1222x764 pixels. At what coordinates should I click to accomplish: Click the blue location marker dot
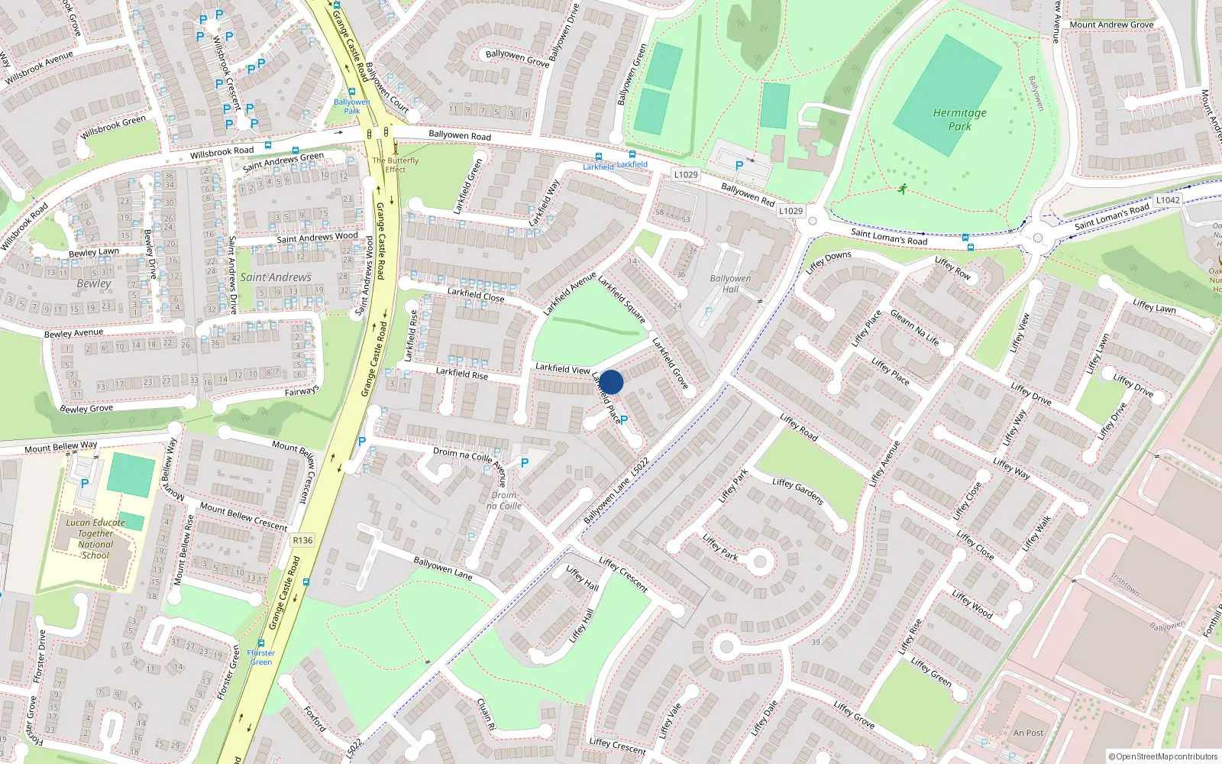(x=611, y=382)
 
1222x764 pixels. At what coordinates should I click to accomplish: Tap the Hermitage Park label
(x=959, y=119)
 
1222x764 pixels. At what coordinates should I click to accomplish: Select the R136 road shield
(x=302, y=540)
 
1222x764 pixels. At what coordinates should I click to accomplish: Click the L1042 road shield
(x=1167, y=200)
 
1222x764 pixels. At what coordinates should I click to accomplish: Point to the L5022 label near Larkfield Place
(x=640, y=467)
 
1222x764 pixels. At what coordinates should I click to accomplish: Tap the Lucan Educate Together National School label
(x=95, y=539)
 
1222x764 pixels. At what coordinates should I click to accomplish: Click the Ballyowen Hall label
(x=730, y=283)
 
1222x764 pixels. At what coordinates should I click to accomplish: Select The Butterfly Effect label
(x=395, y=165)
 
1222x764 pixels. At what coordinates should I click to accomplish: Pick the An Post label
(x=1028, y=733)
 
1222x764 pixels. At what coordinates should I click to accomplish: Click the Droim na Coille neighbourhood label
(x=504, y=500)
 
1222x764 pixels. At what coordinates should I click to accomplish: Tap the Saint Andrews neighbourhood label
(x=276, y=277)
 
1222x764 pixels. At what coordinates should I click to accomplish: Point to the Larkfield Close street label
(x=475, y=294)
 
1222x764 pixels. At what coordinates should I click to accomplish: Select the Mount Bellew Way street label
(x=61, y=447)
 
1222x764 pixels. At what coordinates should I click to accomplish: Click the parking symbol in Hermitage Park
(x=739, y=166)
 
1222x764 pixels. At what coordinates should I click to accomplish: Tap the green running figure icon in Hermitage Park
(x=902, y=189)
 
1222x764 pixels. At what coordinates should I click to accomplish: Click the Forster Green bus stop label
(x=260, y=657)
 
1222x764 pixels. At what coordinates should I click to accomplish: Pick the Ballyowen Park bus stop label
(x=351, y=106)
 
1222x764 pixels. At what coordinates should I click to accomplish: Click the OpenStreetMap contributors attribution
(x=1163, y=756)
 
